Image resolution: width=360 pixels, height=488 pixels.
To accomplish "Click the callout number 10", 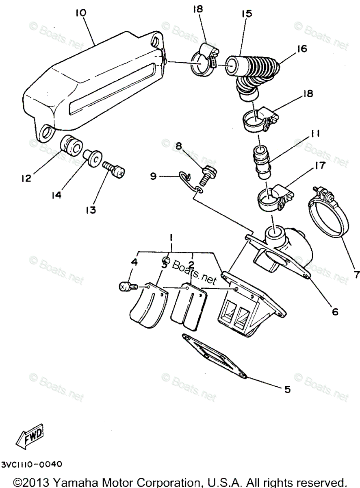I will pyautogui.click(x=81, y=13).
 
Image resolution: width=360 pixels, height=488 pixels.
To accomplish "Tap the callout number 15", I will pyautogui.click(x=246, y=13).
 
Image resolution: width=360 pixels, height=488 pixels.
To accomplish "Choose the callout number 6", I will pyautogui.click(x=335, y=312).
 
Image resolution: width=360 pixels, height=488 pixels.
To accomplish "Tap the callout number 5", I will pyautogui.click(x=287, y=389).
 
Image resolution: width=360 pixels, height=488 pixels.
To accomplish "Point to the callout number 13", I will pyautogui.click(x=90, y=210).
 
